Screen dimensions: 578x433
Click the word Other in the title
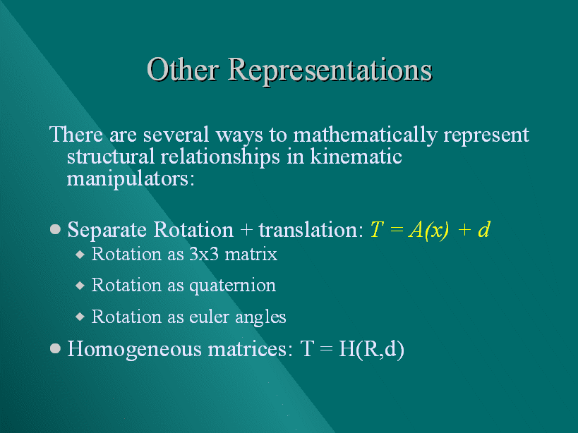pyautogui.click(x=183, y=69)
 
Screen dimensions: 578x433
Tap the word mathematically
pyautogui.click(x=365, y=135)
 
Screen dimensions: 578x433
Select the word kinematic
pyautogui.click(x=356, y=156)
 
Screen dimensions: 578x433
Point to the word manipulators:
pyautogui.click(x=131, y=179)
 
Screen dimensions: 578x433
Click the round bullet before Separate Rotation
pyautogui.click(x=55, y=229)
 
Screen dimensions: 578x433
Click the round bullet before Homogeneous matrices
pyautogui.click(x=55, y=348)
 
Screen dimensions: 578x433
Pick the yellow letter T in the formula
pyautogui.click(x=377, y=230)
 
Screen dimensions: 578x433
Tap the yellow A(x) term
pyautogui.click(x=428, y=231)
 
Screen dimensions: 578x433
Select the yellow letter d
pyautogui.click(x=483, y=229)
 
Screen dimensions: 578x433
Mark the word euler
pyautogui.click(x=209, y=317)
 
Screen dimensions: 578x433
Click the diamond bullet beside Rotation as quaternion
pyautogui.click(x=80, y=286)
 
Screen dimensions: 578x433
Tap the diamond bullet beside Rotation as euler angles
pyautogui.click(x=80, y=317)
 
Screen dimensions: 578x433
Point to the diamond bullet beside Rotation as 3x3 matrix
pyautogui.click(x=80, y=255)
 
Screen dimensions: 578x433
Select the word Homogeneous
pyautogui.click(x=134, y=350)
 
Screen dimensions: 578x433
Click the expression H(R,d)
pyautogui.click(x=371, y=349)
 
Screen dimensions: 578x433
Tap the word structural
pyautogui.click(x=111, y=156)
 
